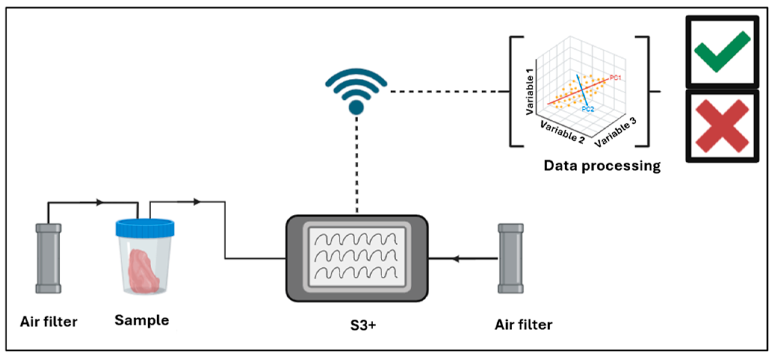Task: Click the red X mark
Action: click(x=722, y=126)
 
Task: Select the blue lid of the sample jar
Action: click(x=145, y=228)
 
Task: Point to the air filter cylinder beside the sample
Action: click(x=48, y=258)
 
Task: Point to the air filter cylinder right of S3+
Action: click(x=510, y=258)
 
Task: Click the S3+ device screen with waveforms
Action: click(x=357, y=258)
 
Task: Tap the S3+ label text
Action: click(x=363, y=325)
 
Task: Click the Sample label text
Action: click(x=142, y=320)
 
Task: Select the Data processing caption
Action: click(x=602, y=165)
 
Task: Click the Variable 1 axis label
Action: click(x=529, y=92)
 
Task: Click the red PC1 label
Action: click(x=615, y=78)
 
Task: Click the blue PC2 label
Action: click(x=588, y=109)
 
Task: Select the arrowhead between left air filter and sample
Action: click(x=99, y=202)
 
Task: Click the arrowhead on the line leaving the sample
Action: click(x=197, y=202)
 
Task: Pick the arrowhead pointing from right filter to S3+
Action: click(x=455, y=258)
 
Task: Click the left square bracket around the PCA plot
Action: click(x=512, y=91)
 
